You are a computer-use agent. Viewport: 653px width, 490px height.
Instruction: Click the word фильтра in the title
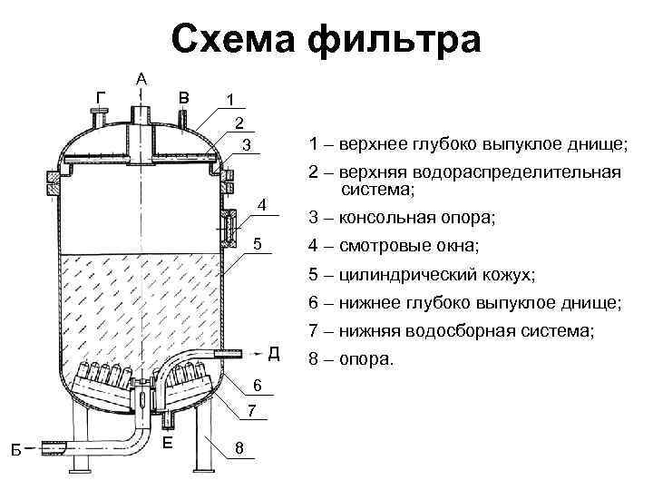395,42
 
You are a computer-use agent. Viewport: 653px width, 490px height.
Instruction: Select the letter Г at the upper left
100,96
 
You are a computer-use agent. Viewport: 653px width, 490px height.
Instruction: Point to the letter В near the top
184,97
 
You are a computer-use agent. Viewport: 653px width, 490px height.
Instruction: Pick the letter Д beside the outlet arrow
274,352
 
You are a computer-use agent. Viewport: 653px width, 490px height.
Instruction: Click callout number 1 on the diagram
230,99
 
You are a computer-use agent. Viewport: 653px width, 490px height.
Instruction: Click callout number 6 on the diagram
258,387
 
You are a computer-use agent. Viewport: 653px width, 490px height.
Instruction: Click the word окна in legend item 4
454,246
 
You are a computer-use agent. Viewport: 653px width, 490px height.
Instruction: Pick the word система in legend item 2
376,191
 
